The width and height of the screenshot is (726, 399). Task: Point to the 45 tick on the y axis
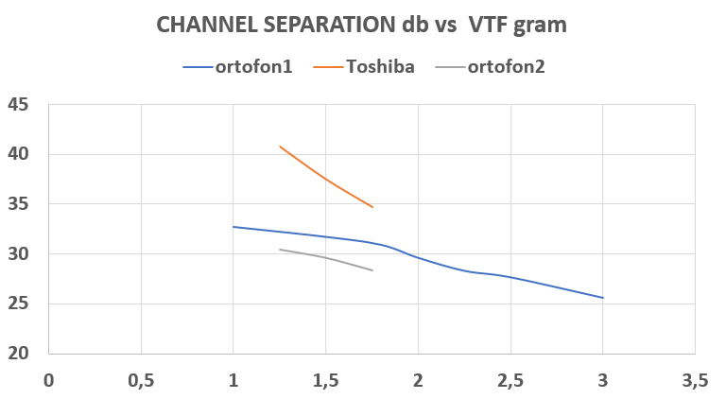pos(19,104)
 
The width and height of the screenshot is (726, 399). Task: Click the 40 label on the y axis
pos(19,154)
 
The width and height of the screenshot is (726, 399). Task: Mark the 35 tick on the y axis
pos(19,204)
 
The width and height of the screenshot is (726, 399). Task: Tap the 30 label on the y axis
pos(19,253)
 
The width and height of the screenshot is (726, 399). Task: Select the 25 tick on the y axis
pos(19,304)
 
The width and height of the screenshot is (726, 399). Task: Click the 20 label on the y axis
pos(19,354)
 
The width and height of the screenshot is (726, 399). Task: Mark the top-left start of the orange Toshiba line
pos(280,147)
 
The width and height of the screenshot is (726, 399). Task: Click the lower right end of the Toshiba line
pos(372,207)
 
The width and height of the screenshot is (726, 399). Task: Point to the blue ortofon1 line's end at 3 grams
pos(603,298)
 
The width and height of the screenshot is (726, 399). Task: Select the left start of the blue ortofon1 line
pos(233,227)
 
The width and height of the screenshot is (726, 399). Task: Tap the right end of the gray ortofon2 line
pos(372,270)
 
